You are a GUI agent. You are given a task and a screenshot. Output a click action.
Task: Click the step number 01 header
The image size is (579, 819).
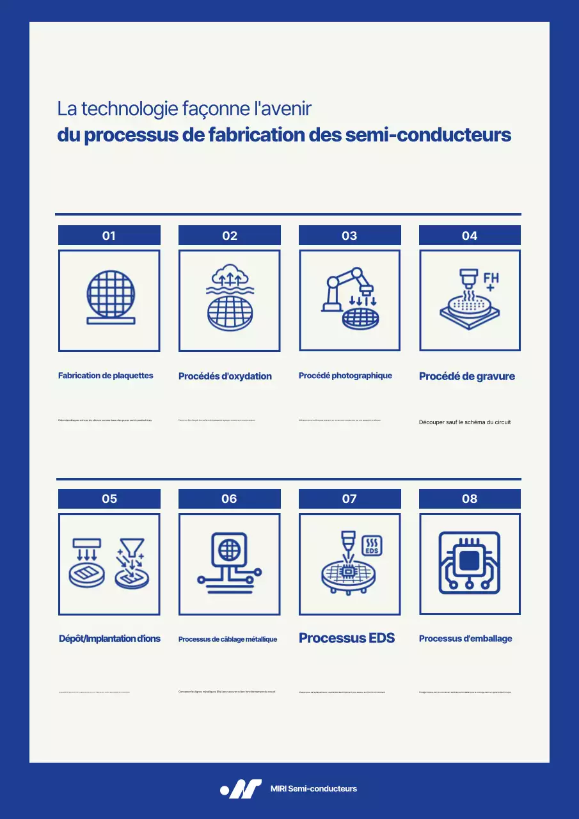[x=109, y=235]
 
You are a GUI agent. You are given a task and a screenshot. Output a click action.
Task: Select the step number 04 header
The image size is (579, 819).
[x=470, y=235]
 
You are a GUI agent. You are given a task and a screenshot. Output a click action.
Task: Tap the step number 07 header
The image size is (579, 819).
[x=349, y=498]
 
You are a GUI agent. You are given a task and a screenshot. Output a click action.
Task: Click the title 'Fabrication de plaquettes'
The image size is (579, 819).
[x=106, y=376]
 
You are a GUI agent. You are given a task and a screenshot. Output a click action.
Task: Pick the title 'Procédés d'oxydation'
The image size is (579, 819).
[x=225, y=376]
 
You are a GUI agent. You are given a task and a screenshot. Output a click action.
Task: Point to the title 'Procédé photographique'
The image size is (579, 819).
[x=345, y=376]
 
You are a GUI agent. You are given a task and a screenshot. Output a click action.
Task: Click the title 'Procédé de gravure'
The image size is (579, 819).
[x=467, y=376]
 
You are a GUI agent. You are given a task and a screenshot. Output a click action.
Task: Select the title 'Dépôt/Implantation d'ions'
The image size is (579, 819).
[x=109, y=639]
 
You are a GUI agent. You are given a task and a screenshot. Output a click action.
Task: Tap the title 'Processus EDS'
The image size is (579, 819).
[x=347, y=638]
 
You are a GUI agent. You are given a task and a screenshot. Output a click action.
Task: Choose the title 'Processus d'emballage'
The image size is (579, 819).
[x=466, y=639]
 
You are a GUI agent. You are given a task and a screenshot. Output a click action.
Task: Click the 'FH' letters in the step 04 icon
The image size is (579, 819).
[x=491, y=279]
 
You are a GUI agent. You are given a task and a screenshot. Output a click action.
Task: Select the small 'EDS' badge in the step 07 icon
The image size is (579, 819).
[x=372, y=545]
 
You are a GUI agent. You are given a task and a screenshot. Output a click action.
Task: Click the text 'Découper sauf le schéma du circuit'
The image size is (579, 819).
[x=464, y=422]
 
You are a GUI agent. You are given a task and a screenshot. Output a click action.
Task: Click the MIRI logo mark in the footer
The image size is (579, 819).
[x=241, y=789]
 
